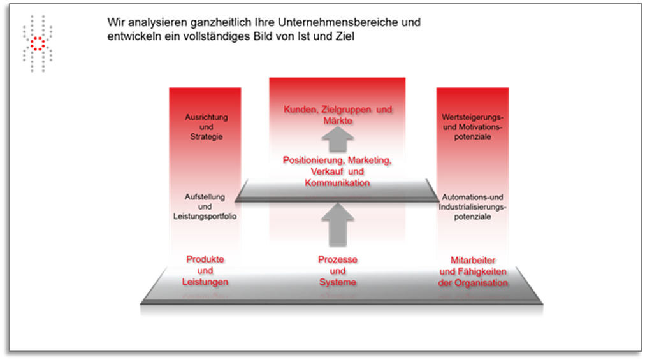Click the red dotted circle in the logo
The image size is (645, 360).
(38, 43)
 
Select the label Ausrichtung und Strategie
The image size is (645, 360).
(206, 127)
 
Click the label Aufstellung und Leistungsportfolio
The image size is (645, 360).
(205, 206)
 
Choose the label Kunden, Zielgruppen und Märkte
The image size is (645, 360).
(338, 115)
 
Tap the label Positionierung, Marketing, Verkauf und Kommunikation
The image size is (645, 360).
(337, 171)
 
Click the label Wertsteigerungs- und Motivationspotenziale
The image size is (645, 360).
(472, 127)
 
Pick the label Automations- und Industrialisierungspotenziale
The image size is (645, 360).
(472, 206)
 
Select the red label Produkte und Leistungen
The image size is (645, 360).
(205, 271)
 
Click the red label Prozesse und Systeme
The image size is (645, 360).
(338, 271)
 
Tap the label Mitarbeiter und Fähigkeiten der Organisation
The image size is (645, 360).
(473, 271)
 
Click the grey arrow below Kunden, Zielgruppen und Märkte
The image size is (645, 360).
(338, 140)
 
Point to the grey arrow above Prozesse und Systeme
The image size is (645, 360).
(338, 224)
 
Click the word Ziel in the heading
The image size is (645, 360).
(345, 36)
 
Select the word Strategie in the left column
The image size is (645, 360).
(207, 136)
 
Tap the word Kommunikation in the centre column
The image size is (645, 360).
(337, 183)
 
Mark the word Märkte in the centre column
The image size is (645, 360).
(338, 121)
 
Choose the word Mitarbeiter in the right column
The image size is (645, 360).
(473, 260)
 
